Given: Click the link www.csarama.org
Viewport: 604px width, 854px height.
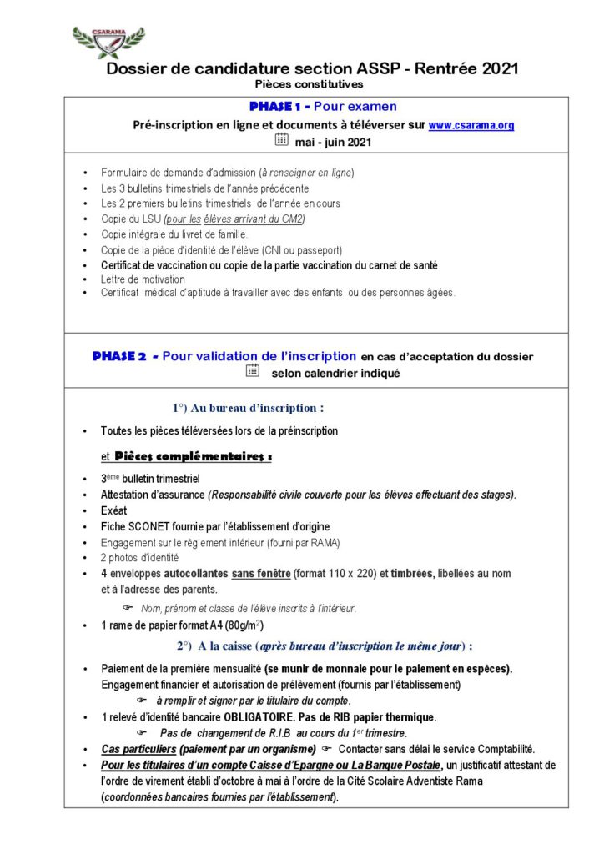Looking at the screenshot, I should [x=471, y=125].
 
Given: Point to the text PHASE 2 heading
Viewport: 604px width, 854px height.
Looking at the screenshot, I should [x=119, y=356].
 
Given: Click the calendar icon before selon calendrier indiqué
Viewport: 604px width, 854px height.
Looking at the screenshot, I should [x=253, y=371].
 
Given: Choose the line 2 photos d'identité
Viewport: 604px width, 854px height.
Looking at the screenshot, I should [x=138, y=557].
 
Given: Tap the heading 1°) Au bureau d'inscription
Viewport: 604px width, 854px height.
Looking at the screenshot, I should [x=248, y=408].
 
